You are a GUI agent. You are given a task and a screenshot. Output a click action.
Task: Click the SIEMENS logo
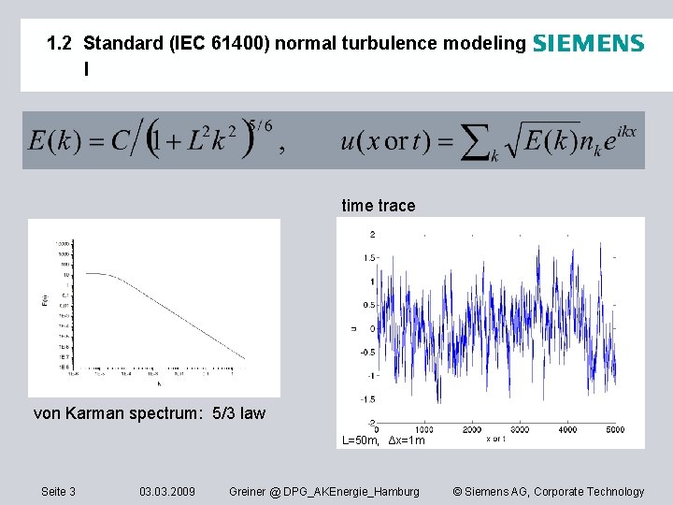pos(588,43)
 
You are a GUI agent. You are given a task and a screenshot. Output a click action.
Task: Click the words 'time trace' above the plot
pos(379,206)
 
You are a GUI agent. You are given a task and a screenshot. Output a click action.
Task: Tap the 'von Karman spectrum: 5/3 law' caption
pos(150,412)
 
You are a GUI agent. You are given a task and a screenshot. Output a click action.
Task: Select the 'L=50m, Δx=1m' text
pos(383,440)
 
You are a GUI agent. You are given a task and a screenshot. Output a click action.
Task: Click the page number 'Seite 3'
pos(59,491)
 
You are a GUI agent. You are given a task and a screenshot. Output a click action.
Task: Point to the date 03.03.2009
pos(167,491)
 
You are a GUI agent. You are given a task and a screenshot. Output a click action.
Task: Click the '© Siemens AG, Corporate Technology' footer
pos(548,491)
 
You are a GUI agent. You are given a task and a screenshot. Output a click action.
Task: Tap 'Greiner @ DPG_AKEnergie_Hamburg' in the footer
pos(324,491)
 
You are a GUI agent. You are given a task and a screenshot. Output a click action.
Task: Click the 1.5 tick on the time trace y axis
pos(369,257)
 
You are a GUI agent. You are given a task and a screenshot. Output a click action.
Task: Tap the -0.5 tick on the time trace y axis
pos(367,353)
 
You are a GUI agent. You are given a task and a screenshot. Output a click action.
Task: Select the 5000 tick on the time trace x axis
pos(613,430)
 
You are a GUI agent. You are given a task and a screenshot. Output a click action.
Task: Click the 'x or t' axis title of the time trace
pos(495,439)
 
